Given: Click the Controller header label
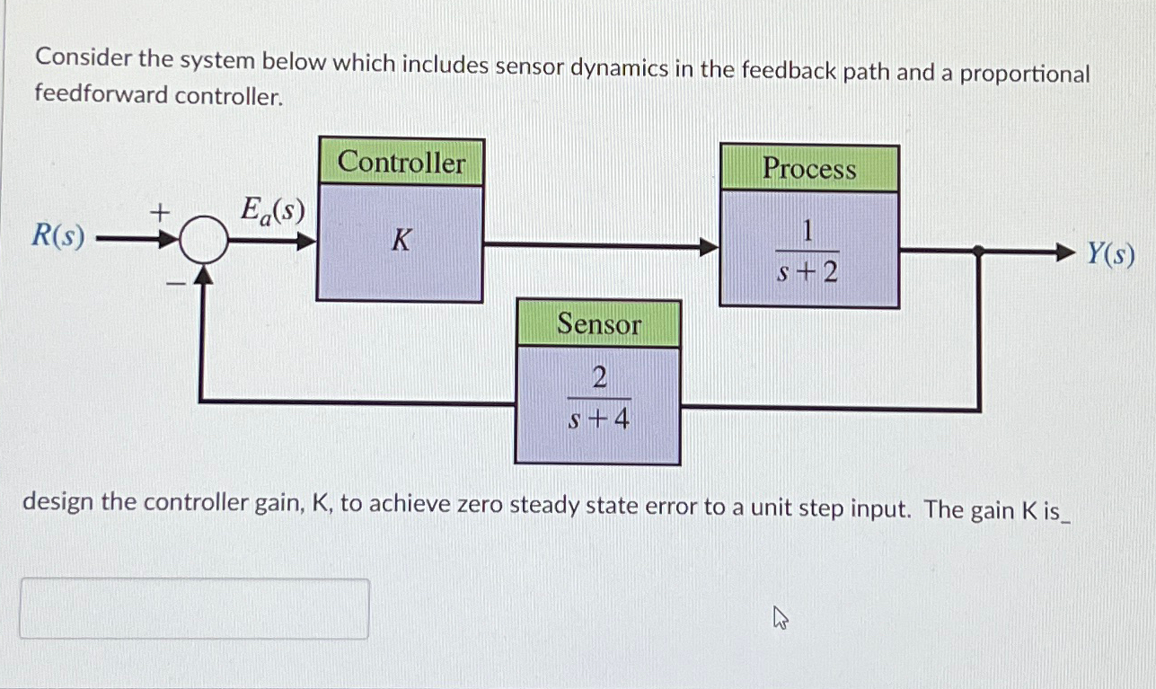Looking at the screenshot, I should (402, 163).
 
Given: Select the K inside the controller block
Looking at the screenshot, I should (401, 241).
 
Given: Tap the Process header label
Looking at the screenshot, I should (809, 169).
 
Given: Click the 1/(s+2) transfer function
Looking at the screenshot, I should (807, 252).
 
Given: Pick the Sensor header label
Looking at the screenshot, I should (598, 324).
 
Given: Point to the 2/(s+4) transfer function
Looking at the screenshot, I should (599, 398).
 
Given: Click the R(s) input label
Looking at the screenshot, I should (58, 236).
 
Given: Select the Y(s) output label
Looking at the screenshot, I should (1110, 255).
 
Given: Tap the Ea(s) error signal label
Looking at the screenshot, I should (272, 212).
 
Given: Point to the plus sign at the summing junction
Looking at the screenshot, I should (159, 212).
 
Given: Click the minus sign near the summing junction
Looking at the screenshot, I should (177, 284).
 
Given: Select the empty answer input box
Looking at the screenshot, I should (194, 608).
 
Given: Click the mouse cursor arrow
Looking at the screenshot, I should (780, 617).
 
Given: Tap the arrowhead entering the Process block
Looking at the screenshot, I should (710, 246).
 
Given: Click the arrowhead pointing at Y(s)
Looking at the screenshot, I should (1065, 254).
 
